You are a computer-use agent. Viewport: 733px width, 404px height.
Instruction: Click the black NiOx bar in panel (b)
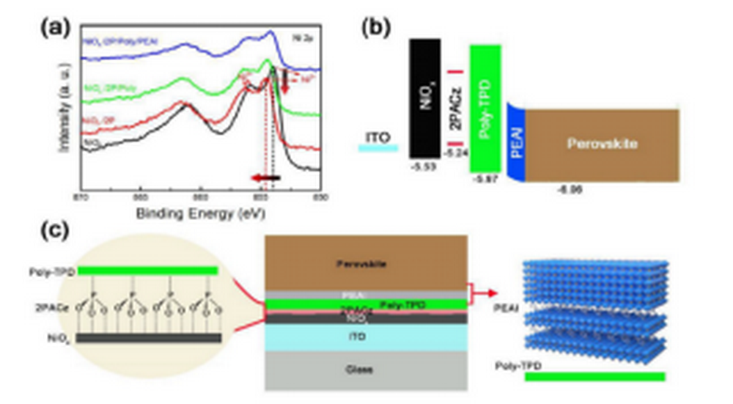click(x=425, y=97)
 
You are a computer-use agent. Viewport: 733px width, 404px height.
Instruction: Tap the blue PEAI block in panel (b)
click(x=516, y=143)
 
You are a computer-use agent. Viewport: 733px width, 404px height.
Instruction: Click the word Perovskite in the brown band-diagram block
click(x=602, y=144)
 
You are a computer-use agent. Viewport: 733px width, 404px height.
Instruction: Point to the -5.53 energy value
click(x=423, y=168)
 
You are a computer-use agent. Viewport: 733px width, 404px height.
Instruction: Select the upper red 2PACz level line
click(x=455, y=72)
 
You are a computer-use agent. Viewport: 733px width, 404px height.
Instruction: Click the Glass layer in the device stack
click(x=365, y=369)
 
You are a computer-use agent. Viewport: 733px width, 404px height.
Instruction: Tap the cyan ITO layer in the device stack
click(x=365, y=337)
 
